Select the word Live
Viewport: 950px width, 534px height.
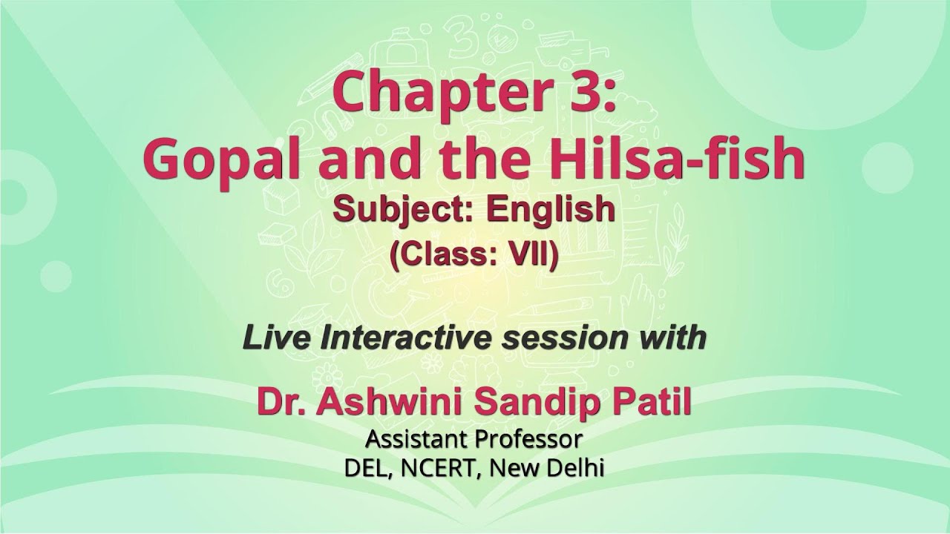276,338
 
